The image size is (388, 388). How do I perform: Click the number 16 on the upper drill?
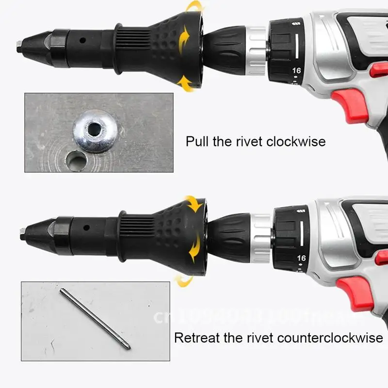tap(296, 71)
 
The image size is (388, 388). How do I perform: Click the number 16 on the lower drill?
tap(301, 258)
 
